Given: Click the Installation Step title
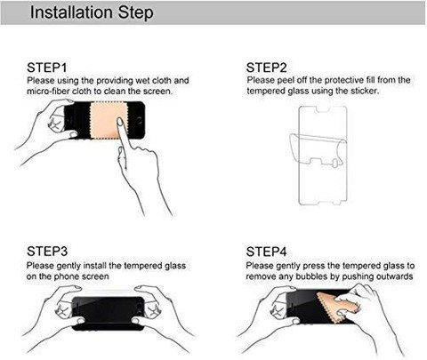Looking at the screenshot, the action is (92, 12).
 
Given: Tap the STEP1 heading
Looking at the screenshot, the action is (47, 68).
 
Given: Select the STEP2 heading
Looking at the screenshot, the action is (266, 68).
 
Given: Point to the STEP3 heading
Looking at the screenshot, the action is (47, 252).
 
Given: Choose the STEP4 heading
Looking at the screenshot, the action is (266, 252).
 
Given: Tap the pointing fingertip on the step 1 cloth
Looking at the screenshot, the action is (120, 121).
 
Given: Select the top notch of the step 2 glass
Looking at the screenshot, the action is (322, 109).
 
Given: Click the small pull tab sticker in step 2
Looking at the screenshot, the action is (334, 163).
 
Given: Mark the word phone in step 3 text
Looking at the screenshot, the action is (66, 276).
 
